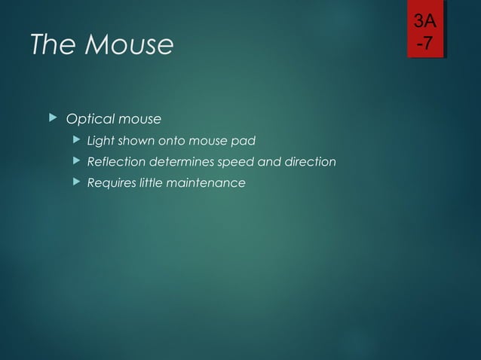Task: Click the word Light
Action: (100, 141)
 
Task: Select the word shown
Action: (136, 141)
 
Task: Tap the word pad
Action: (247, 141)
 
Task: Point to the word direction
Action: (309, 162)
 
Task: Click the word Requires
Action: (111, 183)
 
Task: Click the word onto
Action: (173, 141)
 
